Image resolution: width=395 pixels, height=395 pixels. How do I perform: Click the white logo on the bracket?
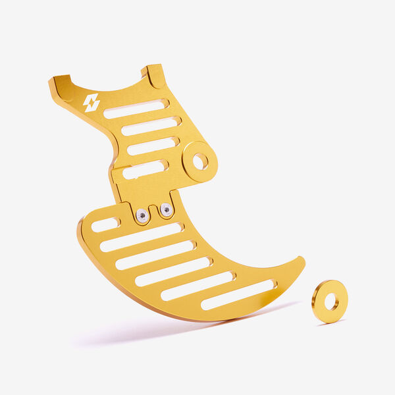92,103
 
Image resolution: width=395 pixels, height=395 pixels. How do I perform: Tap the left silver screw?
142,215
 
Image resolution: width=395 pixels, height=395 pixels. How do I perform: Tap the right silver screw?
166,210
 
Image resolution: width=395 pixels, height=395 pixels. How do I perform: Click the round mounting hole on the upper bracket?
200,161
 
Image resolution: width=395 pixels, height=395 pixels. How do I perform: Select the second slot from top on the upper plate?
150,126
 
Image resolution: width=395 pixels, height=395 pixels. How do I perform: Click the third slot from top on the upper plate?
152,146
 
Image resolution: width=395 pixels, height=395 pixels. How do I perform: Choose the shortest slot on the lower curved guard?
105,225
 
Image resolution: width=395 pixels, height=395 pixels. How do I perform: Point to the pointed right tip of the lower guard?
302,260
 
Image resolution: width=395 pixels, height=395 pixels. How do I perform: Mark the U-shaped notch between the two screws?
154,212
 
